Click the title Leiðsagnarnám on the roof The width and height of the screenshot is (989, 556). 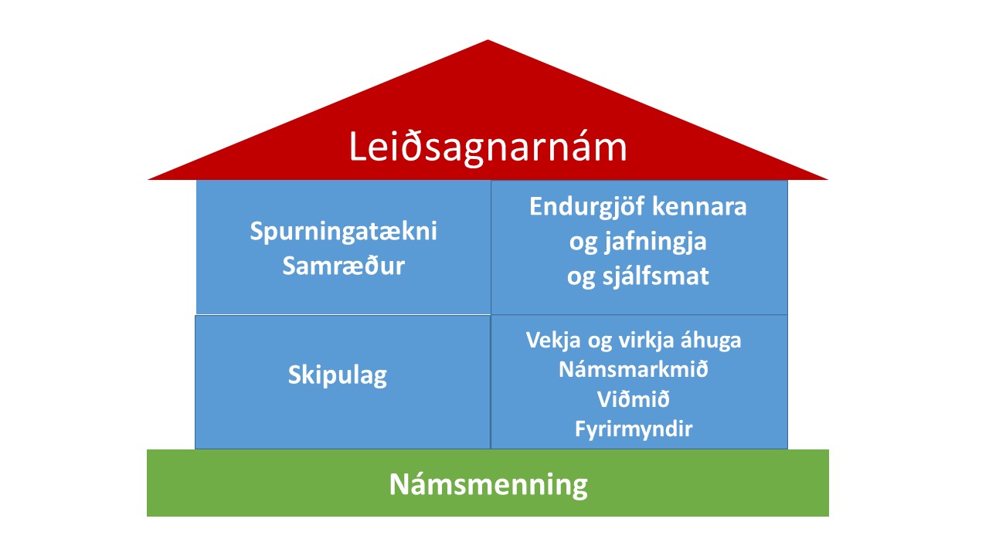pyautogui.click(x=488, y=147)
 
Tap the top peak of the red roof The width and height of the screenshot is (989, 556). pyautogui.click(x=488, y=40)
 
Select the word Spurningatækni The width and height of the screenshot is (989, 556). pyautogui.click(x=344, y=232)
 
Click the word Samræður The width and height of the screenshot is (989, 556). pyautogui.click(x=344, y=266)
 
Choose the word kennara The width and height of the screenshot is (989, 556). pyautogui.click(x=699, y=206)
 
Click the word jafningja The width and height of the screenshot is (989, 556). pyautogui.click(x=656, y=242)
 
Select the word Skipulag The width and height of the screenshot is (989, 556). pyautogui.click(x=338, y=375)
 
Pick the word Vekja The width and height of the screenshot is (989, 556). pyautogui.click(x=552, y=341)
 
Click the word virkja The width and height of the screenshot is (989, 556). pyautogui.click(x=646, y=341)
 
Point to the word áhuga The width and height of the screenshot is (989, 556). pyautogui.click(x=711, y=341)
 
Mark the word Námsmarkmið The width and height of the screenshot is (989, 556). pyautogui.click(x=634, y=369)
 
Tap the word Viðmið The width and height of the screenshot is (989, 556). pyautogui.click(x=634, y=399)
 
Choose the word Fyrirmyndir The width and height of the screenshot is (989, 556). pyautogui.click(x=634, y=429)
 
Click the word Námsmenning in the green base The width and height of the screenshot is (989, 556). pyautogui.click(x=488, y=484)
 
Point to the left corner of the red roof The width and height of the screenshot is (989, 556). pyautogui.click(x=148, y=179)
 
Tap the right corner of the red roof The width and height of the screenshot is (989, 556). pyautogui.click(x=828, y=179)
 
